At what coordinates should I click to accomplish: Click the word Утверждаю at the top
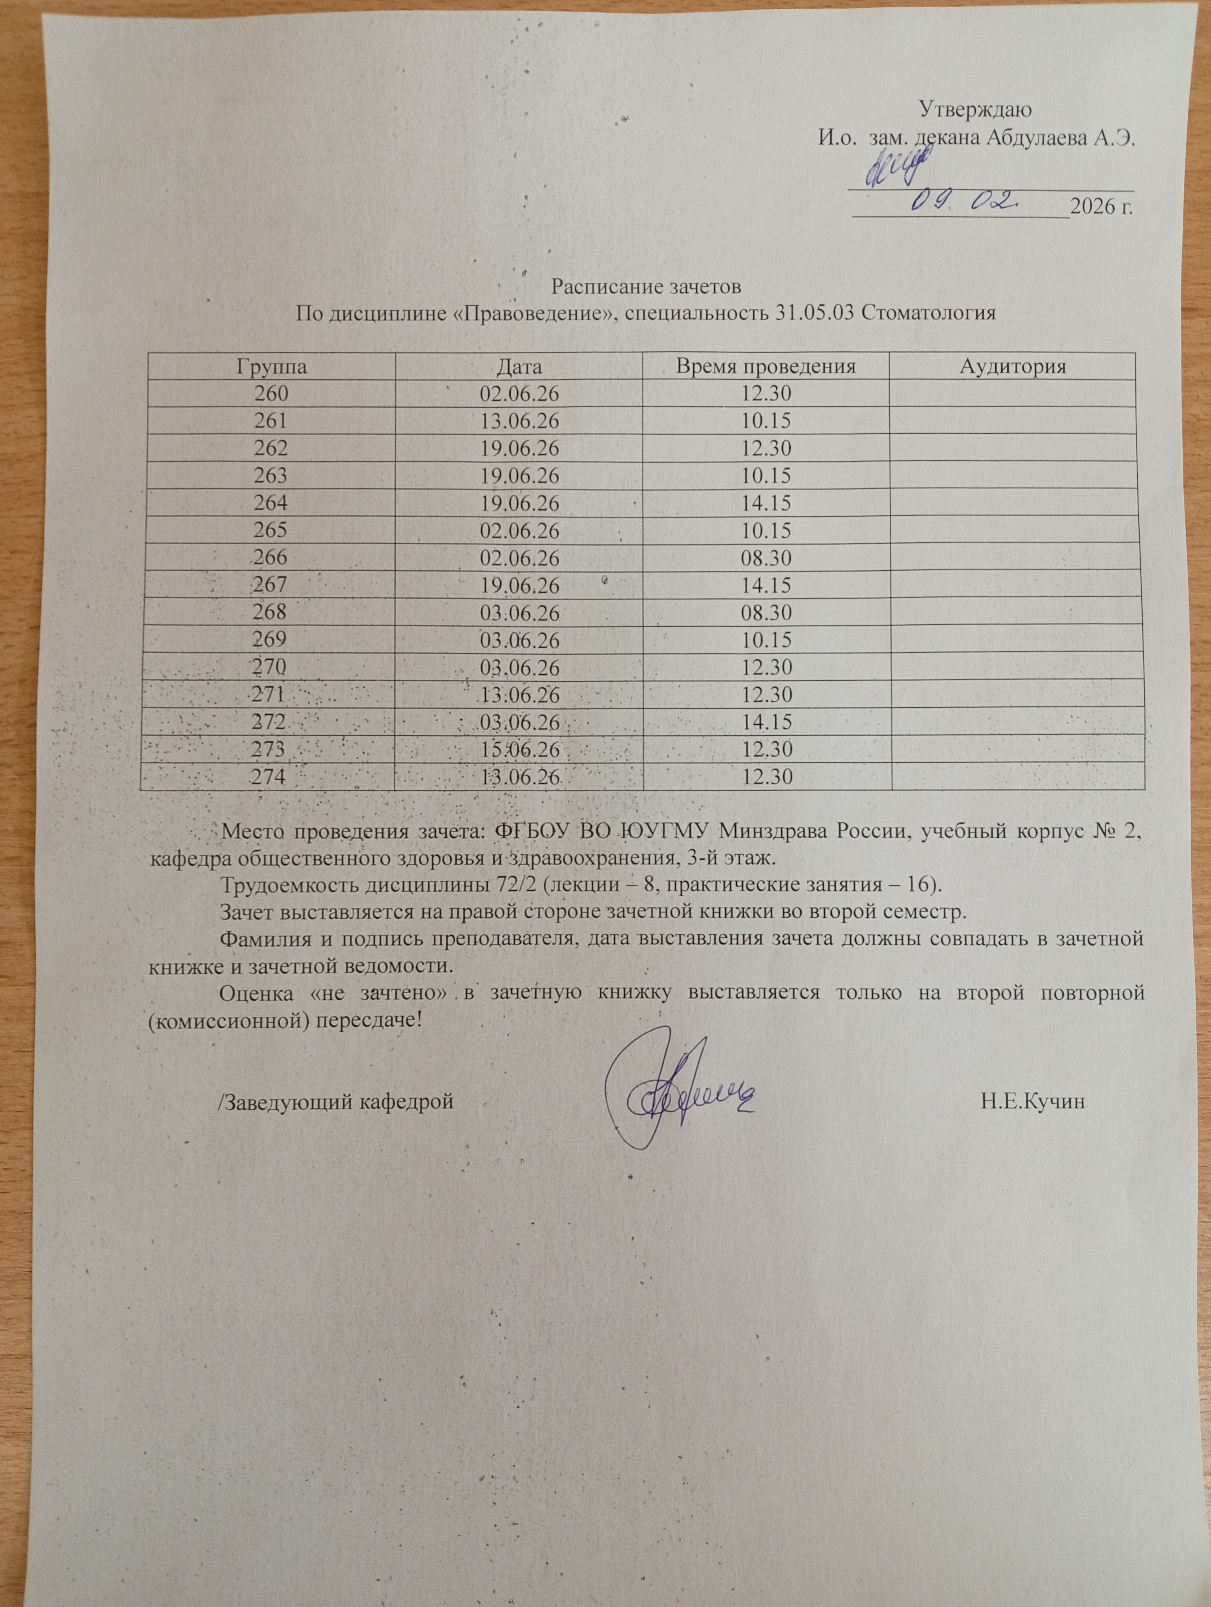(976, 110)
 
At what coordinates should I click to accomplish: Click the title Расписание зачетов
(646, 286)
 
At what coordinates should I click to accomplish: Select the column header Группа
(271, 367)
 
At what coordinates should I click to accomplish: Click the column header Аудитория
(1013, 367)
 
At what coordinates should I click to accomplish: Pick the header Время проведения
(766, 367)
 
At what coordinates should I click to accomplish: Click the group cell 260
(271, 395)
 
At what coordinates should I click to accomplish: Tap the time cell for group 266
(766, 559)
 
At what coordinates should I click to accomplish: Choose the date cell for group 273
(519, 750)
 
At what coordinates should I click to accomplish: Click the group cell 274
(268, 778)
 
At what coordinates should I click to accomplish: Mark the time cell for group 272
(766, 723)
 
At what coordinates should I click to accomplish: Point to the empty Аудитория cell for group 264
(1013, 503)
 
